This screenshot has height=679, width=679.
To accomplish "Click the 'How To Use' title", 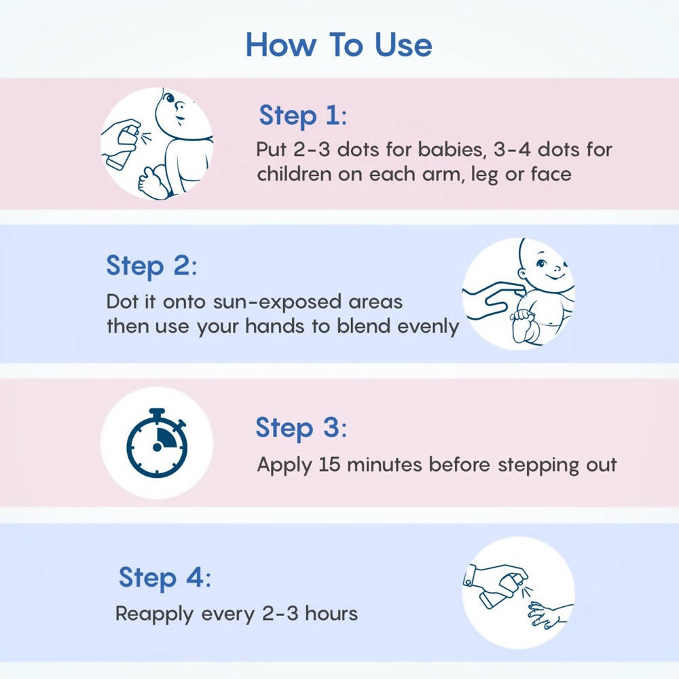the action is click(339, 45).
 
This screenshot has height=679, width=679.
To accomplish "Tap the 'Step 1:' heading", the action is click(303, 115).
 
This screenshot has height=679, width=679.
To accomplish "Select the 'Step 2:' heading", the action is click(151, 266).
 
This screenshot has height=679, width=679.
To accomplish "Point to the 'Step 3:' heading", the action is click(301, 428).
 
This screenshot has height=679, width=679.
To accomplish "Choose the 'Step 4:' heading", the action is click(165, 578).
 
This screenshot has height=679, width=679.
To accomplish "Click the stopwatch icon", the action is click(157, 443).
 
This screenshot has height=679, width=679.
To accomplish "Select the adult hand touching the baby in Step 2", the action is click(494, 299).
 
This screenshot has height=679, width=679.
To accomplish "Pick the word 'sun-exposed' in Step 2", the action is click(277, 302).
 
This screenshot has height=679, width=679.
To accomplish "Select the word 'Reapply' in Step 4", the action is click(154, 614).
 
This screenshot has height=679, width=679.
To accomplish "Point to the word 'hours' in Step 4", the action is click(331, 613).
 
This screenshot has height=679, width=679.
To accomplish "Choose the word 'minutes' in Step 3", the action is click(384, 464).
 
